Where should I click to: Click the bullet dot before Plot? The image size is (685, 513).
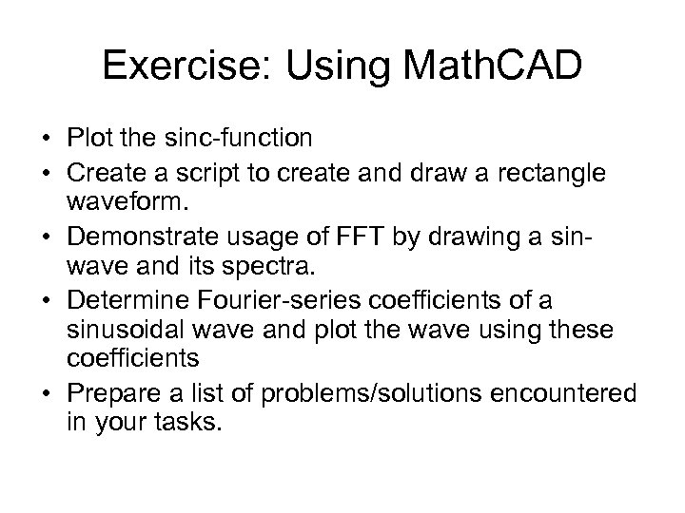tap(47, 140)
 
